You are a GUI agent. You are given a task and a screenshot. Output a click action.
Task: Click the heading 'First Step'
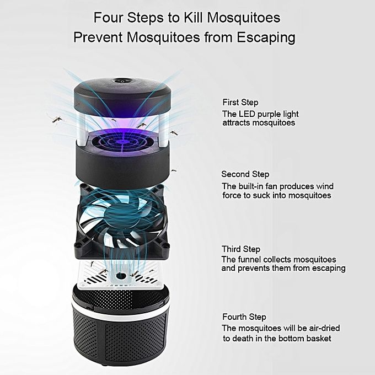(x=240, y=103)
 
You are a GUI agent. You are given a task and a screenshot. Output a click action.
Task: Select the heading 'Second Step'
(x=245, y=174)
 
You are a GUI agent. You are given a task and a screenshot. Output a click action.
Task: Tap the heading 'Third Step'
(x=241, y=249)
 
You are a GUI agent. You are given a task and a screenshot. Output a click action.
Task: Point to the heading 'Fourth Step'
(x=244, y=317)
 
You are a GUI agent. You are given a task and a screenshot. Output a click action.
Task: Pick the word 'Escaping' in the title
(x=266, y=37)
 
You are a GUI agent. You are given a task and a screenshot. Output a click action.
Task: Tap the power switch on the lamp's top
(x=122, y=81)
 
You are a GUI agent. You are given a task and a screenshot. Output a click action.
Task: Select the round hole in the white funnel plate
(x=121, y=276)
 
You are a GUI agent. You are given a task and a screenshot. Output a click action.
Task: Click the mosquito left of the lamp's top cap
(x=57, y=119)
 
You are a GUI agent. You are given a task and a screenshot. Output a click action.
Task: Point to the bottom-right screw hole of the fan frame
(x=166, y=245)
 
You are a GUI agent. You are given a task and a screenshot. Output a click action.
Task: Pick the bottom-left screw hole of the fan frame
(x=78, y=245)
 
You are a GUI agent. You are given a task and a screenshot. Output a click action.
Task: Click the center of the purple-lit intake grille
(x=122, y=142)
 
